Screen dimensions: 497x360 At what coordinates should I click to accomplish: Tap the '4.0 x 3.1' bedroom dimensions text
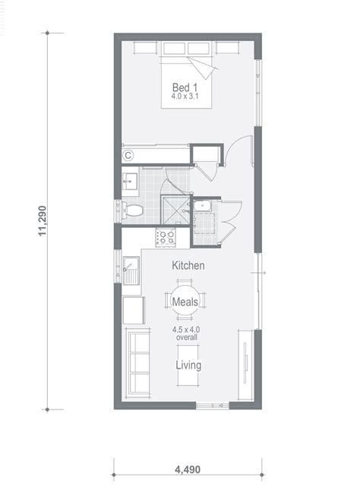click(x=186, y=97)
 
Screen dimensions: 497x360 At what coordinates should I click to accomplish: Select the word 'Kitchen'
click(x=188, y=267)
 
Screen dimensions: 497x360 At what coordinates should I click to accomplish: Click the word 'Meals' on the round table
click(x=186, y=302)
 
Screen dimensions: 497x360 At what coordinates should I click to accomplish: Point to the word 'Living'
click(x=188, y=366)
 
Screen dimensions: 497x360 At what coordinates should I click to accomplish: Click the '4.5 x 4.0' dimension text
click(x=187, y=330)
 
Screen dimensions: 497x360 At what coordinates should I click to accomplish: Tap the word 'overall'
click(x=187, y=338)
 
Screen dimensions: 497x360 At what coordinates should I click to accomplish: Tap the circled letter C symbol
click(x=128, y=155)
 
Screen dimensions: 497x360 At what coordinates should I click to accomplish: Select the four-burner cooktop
click(x=166, y=237)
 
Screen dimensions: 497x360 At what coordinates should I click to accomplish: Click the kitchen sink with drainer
click(x=131, y=269)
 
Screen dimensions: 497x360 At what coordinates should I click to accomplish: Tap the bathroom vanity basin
click(x=129, y=181)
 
